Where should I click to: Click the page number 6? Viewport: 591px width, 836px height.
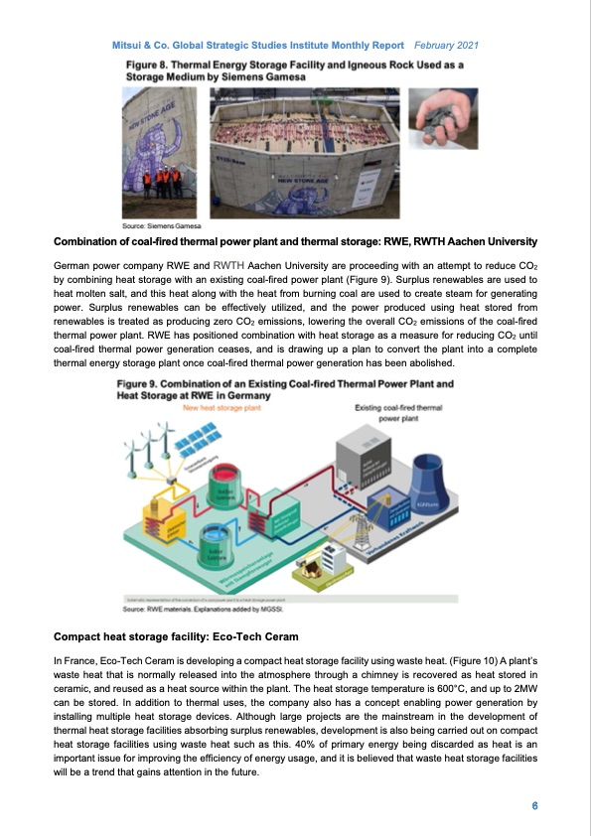(534, 804)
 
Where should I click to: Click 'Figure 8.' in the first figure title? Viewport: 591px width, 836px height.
(147, 62)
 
